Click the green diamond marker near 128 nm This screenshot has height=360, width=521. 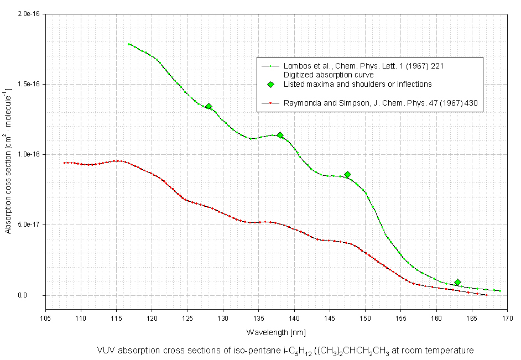click(209, 106)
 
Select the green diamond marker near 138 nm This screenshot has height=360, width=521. click(280, 135)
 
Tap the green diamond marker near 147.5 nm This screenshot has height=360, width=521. click(347, 175)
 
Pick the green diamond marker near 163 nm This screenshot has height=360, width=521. click(457, 283)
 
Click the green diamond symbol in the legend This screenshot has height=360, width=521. click(271, 84)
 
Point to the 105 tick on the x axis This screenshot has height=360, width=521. click(45, 318)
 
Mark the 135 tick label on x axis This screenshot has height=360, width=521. click(258, 318)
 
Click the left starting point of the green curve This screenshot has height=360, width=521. click(128, 44)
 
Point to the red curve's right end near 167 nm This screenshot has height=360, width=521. click(487, 295)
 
